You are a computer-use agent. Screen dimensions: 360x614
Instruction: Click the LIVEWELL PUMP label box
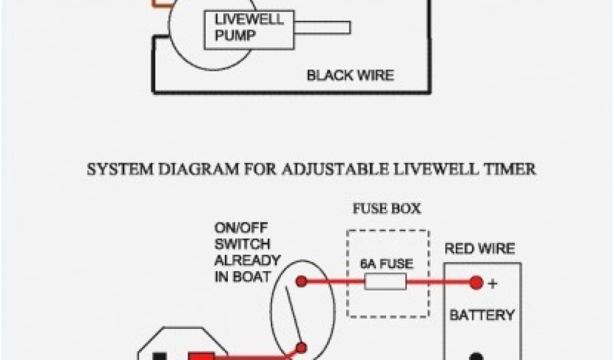[x=249, y=28]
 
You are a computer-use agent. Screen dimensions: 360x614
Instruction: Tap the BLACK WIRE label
[x=350, y=76]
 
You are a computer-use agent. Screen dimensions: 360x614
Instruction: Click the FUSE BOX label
[x=387, y=209]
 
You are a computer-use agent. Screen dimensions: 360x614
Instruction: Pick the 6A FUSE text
[x=387, y=263]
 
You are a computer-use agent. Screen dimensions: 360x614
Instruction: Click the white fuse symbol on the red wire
[x=386, y=281]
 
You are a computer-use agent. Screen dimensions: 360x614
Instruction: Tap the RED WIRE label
[x=480, y=248]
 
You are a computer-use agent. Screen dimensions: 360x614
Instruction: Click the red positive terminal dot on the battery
[x=476, y=281]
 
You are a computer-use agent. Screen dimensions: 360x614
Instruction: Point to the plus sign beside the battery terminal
[x=493, y=284]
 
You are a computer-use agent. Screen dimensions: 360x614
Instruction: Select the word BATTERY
[x=482, y=314]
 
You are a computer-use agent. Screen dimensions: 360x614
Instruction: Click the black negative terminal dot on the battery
[x=476, y=356]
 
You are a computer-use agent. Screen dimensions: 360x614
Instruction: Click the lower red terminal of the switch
[x=302, y=347]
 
